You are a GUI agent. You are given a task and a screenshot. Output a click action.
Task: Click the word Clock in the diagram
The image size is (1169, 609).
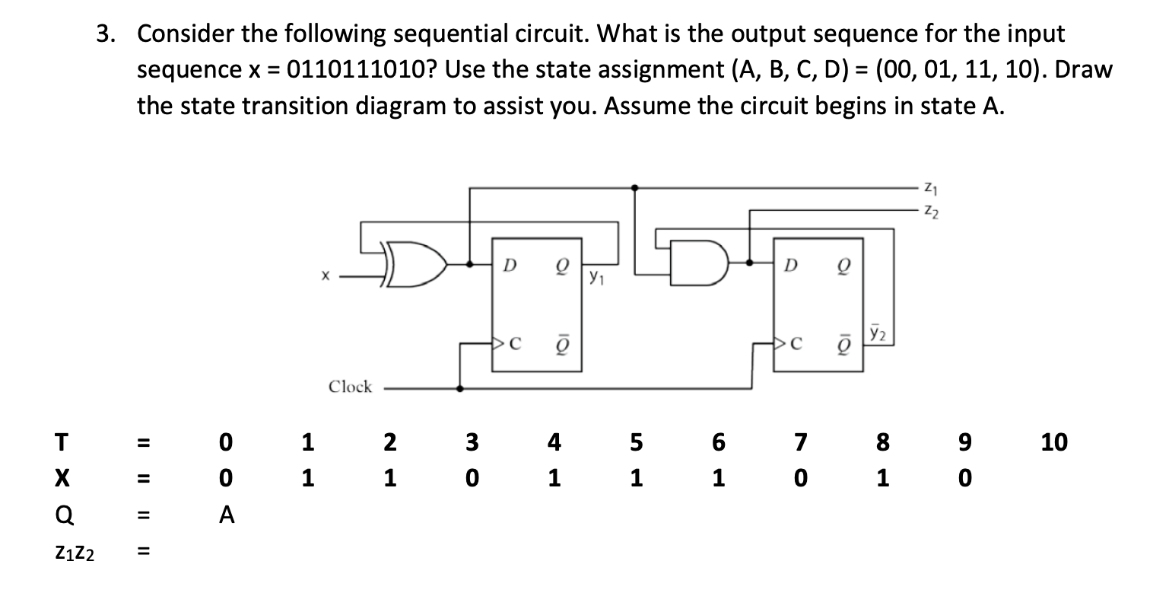[x=350, y=387]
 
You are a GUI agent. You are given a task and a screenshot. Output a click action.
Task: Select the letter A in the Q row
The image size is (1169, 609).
[x=226, y=516]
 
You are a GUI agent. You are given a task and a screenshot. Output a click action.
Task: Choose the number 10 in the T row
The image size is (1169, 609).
[x=1054, y=442]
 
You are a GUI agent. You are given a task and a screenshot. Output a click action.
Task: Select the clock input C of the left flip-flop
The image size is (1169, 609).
[x=513, y=343]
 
